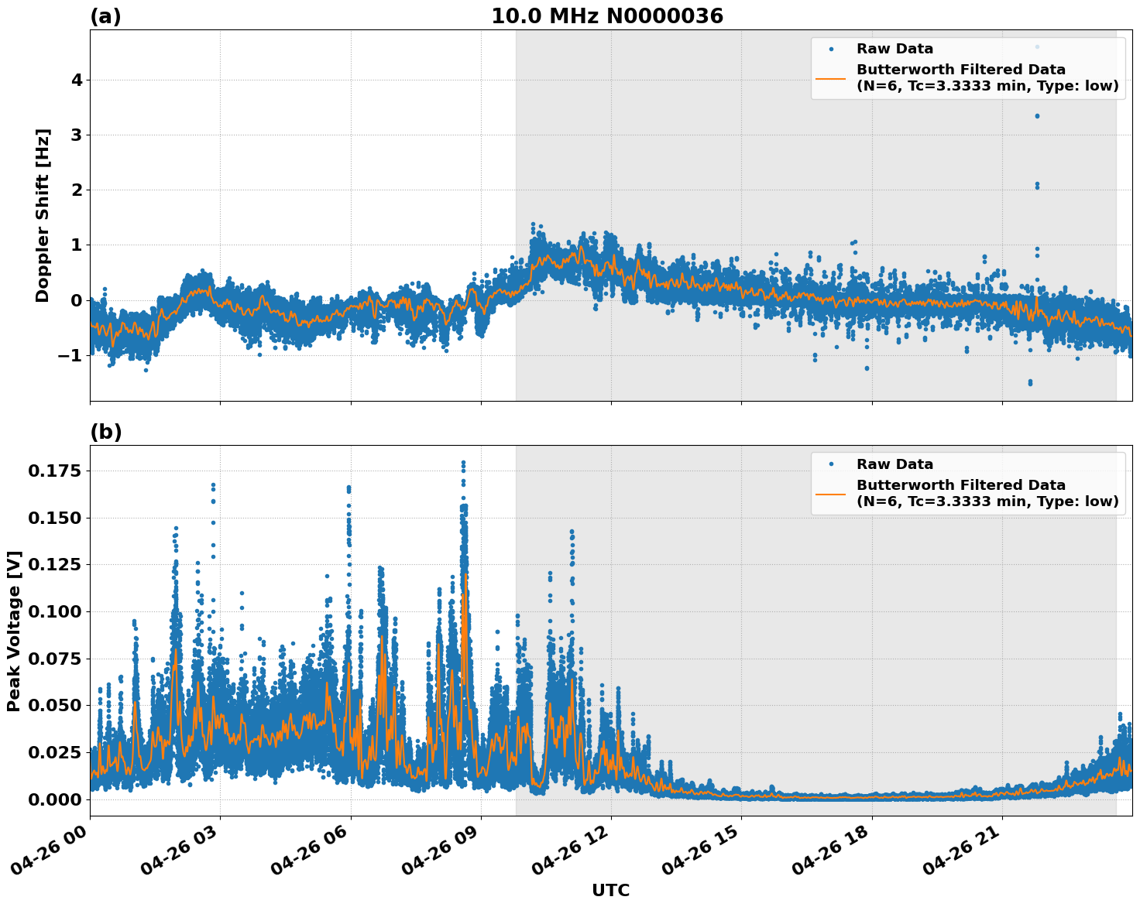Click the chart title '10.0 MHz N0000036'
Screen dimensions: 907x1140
tap(606, 16)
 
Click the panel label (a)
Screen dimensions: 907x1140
tap(105, 16)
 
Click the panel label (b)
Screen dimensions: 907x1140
tap(105, 432)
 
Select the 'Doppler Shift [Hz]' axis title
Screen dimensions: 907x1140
tap(43, 215)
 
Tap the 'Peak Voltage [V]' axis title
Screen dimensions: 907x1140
tap(14, 631)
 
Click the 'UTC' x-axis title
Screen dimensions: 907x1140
tap(610, 890)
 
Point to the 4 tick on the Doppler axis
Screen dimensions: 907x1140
tap(77, 80)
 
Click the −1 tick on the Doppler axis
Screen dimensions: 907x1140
tap(71, 355)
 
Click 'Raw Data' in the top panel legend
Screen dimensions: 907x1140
tap(894, 49)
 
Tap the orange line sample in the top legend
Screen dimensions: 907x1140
tap(831, 77)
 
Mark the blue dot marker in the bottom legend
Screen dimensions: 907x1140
tap(831, 464)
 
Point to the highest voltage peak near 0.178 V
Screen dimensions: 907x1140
tap(463, 463)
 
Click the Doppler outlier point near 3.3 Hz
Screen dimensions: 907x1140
tap(1037, 116)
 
